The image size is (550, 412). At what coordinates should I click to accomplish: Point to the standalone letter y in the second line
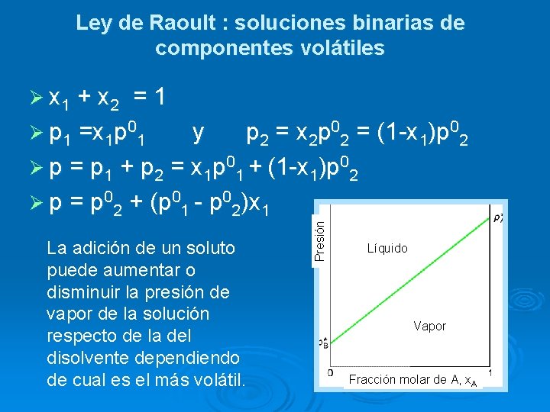pos(198,134)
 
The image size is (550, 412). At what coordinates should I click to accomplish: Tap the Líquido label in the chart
pos(387,249)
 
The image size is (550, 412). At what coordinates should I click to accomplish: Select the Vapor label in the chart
pos(429,326)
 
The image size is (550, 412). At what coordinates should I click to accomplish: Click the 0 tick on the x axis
pos(330,373)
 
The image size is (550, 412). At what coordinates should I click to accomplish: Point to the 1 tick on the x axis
pos(489,373)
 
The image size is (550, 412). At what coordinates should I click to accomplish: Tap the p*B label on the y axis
pos(325,343)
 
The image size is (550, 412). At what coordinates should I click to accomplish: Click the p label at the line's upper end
pos(497,218)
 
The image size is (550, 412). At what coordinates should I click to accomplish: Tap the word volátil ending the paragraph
pos(216,380)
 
